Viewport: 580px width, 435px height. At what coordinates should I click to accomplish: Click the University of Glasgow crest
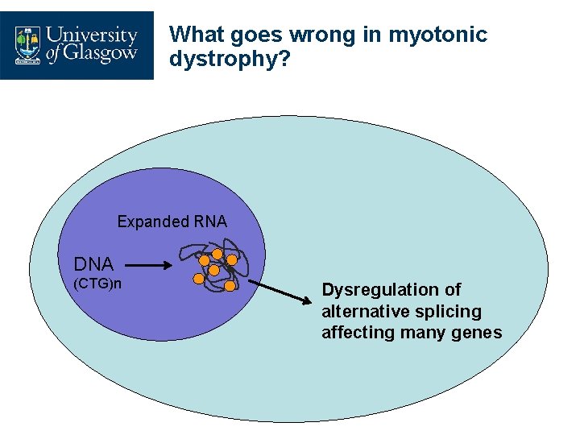(x=29, y=45)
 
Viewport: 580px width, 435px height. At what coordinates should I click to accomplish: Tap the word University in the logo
(x=92, y=36)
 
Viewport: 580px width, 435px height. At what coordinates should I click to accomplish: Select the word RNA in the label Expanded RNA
(x=210, y=222)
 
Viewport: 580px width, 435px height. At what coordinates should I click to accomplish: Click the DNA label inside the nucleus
(x=93, y=264)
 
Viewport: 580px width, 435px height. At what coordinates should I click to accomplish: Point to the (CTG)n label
(x=97, y=284)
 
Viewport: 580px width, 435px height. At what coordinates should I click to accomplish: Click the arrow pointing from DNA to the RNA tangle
(x=147, y=264)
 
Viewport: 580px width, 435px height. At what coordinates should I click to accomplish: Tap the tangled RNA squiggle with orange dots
(x=218, y=266)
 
